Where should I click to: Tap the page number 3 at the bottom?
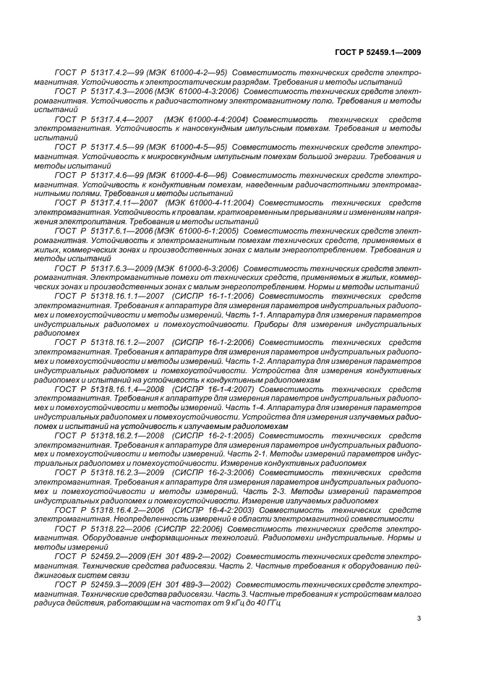[419, 618]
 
